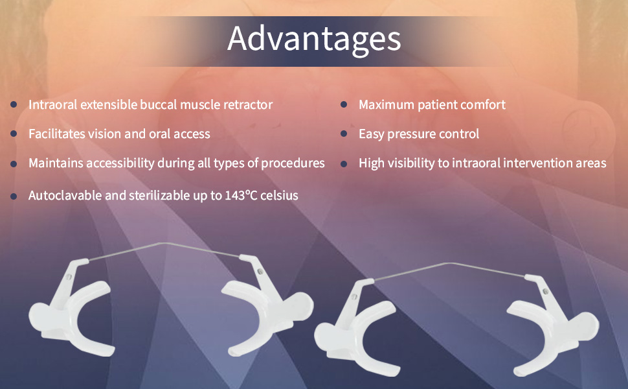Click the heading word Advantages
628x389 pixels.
314,40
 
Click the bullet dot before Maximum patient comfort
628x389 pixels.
344,104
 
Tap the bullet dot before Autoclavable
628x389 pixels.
14,196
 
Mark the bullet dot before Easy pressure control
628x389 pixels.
344,134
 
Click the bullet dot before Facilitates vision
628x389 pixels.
14,134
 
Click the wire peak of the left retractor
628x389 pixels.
161,243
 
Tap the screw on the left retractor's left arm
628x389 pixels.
69,277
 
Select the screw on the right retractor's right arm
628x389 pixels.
545,292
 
